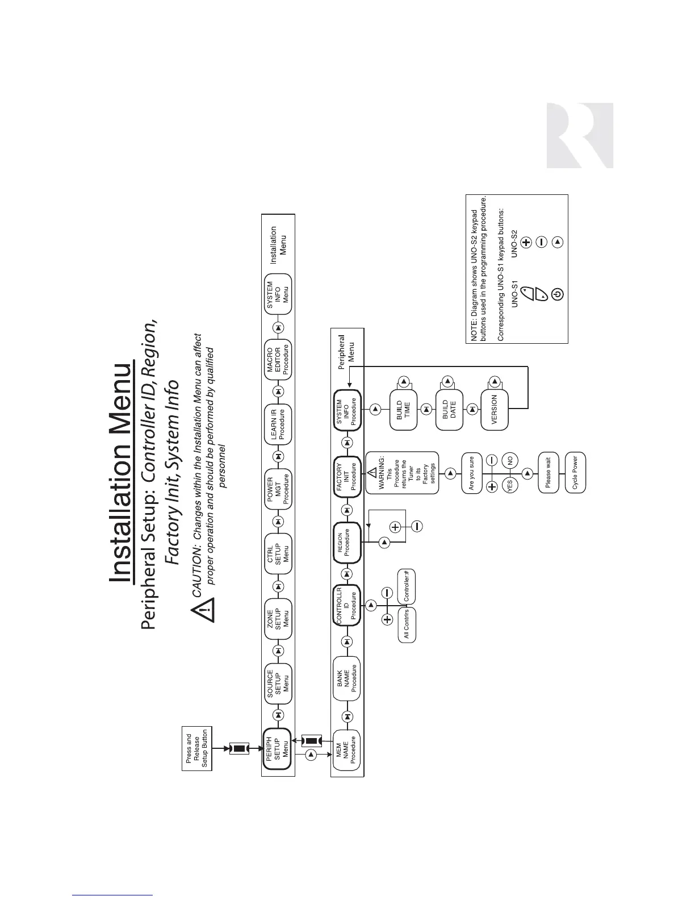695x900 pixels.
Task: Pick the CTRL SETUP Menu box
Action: pyautogui.click(x=278, y=554)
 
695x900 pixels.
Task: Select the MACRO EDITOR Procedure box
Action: pyautogui.click(x=278, y=359)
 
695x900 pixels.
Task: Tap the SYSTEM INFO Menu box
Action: pyautogui.click(x=278, y=294)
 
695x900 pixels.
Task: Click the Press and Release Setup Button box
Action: pyautogui.click(x=196, y=748)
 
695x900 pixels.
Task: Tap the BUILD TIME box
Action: pyautogui.click(x=403, y=410)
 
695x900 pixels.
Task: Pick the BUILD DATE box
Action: pyautogui.click(x=449, y=410)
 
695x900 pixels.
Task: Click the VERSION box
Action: pyautogui.click(x=495, y=410)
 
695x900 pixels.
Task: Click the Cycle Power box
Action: pyautogui.click(x=575, y=473)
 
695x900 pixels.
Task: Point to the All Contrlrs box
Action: pyautogui.click(x=407, y=625)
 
